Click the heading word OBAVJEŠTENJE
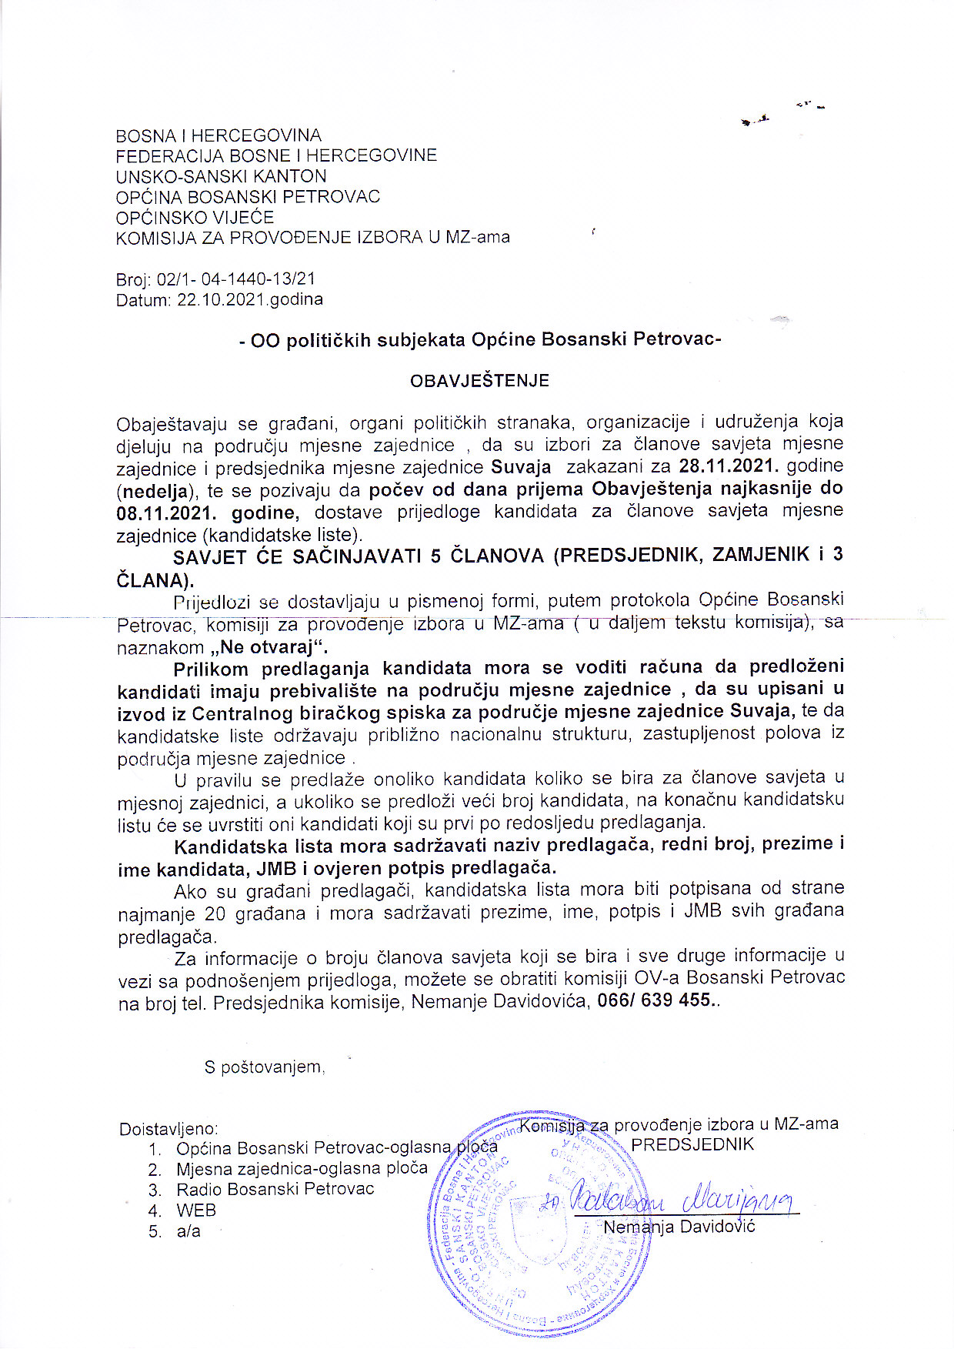[x=479, y=380]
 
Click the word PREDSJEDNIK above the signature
[x=692, y=1144]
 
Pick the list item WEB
[x=196, y=1210]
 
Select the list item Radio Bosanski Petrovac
[x=275, y=1189]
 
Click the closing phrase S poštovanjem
[x=264, y=1067]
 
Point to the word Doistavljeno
[x=168, y=1129]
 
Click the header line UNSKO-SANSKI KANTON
[x=221, y=176]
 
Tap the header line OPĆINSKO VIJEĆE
[x=195, y=217]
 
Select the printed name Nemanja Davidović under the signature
[x=679, y=1227]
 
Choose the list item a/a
[x=188, y=1231]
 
